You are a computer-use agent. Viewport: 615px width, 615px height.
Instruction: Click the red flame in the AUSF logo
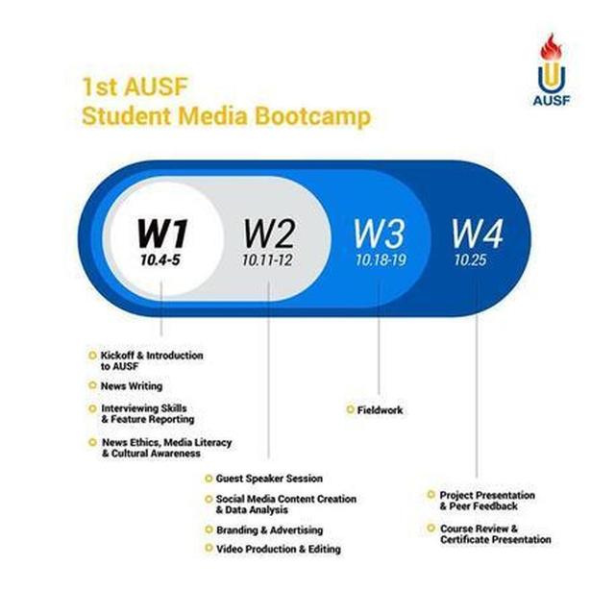point(551,47)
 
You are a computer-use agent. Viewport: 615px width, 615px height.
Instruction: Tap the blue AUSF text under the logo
point(551,100)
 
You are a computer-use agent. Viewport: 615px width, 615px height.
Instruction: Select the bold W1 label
point(162,233)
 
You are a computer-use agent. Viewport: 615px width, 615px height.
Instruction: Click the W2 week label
point(269,234)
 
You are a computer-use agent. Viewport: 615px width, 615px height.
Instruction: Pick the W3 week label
point(379,234)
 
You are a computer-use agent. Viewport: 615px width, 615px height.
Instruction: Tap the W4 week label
point(477,234)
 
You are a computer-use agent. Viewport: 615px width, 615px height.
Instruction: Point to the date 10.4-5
point(160,260)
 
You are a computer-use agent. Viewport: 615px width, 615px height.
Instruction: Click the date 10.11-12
point(267,260)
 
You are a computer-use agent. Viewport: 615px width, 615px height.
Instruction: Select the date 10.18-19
point(381,260)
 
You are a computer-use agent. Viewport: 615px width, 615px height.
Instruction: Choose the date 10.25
point(470,260)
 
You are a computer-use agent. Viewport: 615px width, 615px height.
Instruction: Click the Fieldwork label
point(381,410)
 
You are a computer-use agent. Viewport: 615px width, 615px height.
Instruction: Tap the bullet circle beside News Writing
point(92,385)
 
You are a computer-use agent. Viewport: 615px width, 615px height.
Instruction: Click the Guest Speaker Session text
point(269,479)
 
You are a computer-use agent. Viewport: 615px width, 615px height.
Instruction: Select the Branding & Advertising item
point(270,530)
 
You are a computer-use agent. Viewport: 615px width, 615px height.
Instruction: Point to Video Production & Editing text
point(279,549)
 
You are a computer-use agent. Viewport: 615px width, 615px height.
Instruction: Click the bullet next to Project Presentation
point(431,495)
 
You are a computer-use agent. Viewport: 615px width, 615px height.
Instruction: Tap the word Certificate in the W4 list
point(466,540)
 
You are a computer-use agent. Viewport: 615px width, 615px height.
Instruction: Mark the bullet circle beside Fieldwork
point(350,410)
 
